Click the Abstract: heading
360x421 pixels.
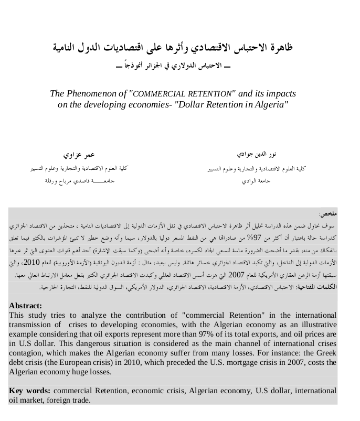[26, 306]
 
